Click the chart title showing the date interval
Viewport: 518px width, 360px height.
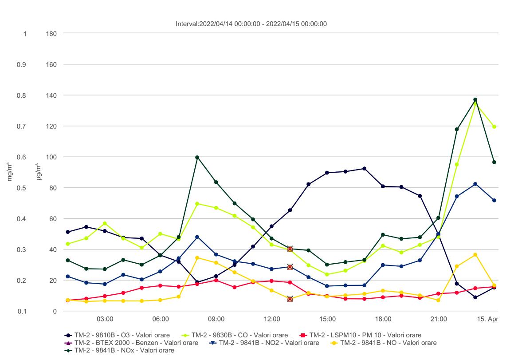[x=251, y=24]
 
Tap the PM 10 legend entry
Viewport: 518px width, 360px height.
[x=361, y=335]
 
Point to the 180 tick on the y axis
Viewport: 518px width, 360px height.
[x=51, y=34]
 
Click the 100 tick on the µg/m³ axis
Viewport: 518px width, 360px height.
[x=51, y=157]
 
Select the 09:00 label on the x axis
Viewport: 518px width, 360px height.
[x=216, y=319]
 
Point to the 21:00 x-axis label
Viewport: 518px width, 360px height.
[x=438, y=319]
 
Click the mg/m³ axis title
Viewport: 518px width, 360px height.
[x=10, y=172]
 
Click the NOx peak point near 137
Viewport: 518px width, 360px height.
[x=475, y=100]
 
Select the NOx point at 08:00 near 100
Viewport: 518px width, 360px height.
[x=197, y=157]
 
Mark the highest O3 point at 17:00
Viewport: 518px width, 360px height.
[x=364, y=169]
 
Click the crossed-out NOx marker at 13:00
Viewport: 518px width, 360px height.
[x=290, y=249]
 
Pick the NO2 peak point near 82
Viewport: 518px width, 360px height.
[x=475, y=184]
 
